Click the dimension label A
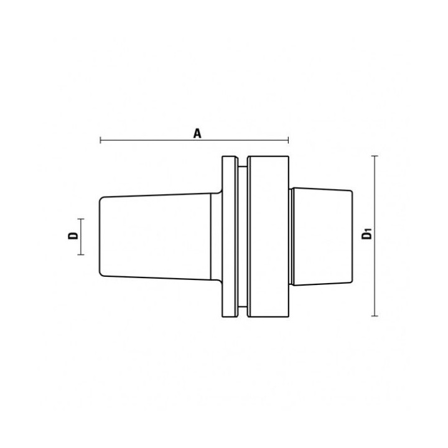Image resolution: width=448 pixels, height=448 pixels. coord(197,133)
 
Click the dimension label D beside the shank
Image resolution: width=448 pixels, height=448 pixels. coord(73,236)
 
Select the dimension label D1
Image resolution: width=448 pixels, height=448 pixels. coord(367,235)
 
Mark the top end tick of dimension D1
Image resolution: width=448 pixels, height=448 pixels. coord(374,156)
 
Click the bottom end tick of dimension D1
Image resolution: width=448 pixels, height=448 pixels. coord(374,316)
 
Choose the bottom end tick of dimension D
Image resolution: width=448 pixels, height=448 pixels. coord(80,254)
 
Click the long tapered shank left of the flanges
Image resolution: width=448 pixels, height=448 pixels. coord(156,236)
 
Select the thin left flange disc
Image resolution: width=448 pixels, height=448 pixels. coord(229,236)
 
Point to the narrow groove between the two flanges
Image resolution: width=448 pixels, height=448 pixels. coord(242,236)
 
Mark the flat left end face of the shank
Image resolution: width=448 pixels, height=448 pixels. coord(101,236)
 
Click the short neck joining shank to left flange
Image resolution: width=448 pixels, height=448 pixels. coord(216,236)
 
